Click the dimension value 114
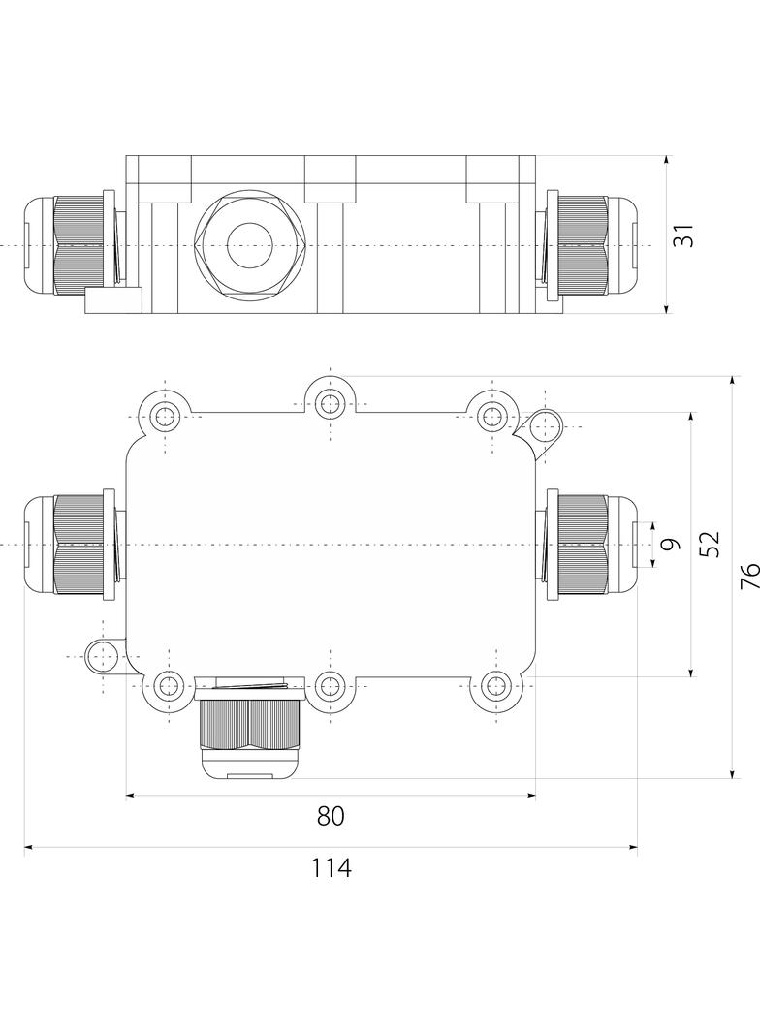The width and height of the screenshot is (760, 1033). click(x=331, y=868)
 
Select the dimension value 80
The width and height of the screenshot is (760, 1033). click(x=331, y=817)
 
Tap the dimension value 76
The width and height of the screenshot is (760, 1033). click(x=748, y=577)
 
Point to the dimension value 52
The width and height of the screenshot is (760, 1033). click(x=710, y=544)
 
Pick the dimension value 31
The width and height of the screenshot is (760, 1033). click(x=685, y=235)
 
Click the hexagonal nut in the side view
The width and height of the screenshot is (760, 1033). click(x=251, y=244)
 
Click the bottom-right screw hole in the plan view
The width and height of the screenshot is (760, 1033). click(x=494, y=687)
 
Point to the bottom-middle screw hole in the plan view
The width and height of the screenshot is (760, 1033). click(x=331, y=687)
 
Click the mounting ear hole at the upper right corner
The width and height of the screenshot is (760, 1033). click(x=546, y=426)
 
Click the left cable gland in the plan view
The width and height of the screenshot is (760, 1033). click(x=73, y=545)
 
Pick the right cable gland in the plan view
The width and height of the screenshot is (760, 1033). click(x=589, y=545)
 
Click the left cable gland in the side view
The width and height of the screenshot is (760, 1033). click(x=73, y=245)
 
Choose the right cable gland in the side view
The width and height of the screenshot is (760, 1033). click(x=589, y=245)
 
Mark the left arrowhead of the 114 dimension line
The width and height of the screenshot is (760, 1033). click(x=28, y=848)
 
